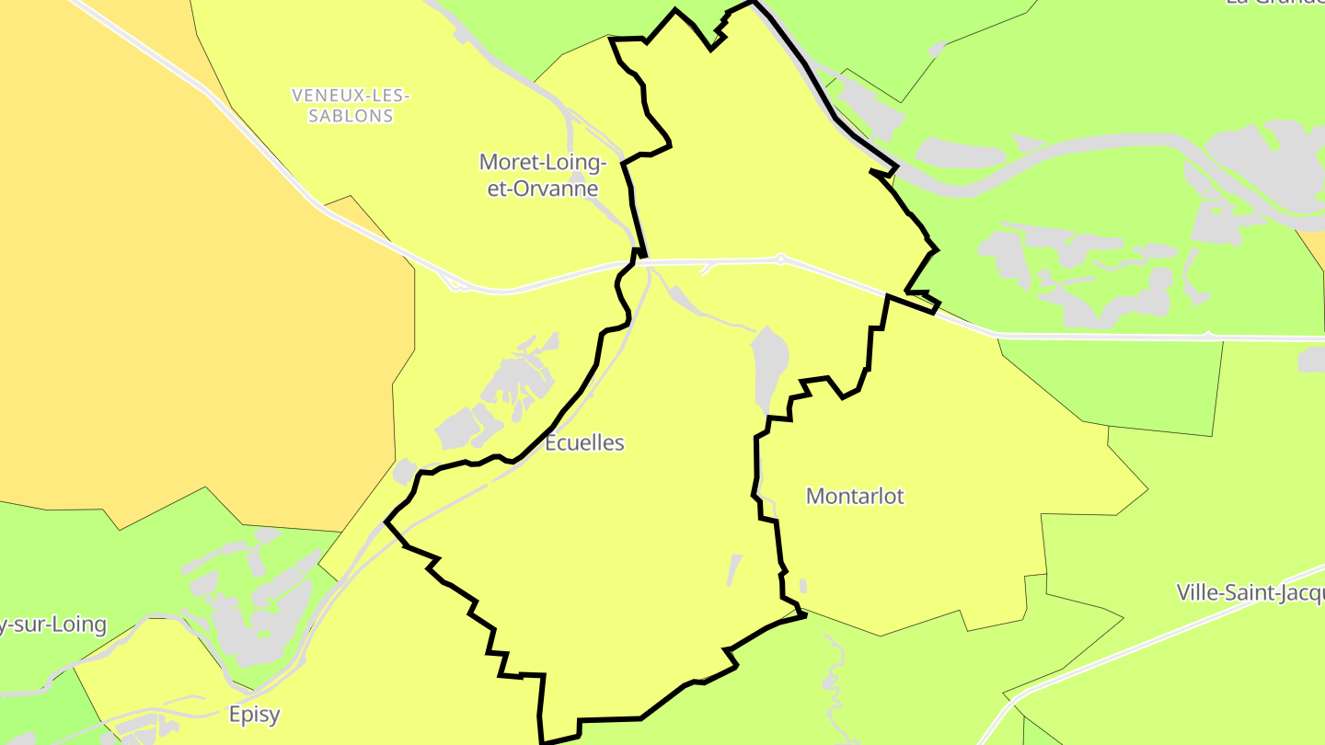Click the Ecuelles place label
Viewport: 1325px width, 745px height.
[584, 442]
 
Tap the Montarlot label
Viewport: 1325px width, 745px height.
[855, 496]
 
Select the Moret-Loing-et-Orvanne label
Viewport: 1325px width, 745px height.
[543, 176]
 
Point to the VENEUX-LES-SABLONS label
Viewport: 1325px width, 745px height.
[350, 105]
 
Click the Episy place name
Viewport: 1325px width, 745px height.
[254, 714]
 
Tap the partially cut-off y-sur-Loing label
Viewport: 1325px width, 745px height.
[53, 625]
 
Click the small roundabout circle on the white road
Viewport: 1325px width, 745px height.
[780, 259]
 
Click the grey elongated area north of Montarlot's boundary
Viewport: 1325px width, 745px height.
[769, 363]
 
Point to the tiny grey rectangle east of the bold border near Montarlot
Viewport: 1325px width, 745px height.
[803, 586]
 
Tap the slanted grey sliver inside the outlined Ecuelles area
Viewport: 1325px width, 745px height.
[734, 569]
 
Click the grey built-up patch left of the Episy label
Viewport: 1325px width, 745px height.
[138, 727]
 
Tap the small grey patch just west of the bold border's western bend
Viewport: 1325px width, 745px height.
[404, 472]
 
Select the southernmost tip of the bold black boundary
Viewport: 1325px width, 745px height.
[543, 741]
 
